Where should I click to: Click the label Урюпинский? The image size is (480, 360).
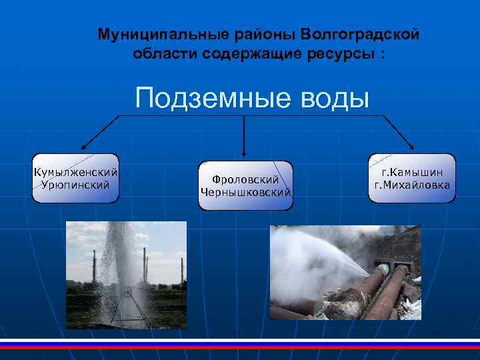76,184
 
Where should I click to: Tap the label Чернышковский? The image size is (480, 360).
245,192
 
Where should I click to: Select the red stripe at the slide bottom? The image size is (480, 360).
240,347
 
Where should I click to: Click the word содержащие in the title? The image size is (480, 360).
248,53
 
